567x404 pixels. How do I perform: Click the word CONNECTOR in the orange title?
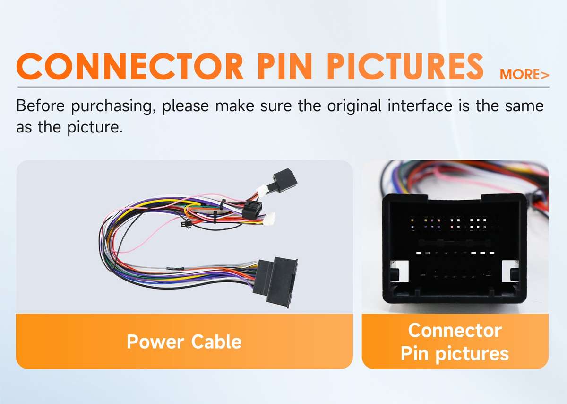130,66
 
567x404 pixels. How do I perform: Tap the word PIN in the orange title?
285,66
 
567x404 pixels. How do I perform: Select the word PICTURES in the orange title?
405,66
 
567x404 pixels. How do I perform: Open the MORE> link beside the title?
524,75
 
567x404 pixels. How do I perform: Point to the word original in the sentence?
354,106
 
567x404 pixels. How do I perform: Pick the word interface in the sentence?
420,105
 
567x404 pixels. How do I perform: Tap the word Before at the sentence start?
41,105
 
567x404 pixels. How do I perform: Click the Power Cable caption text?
184,342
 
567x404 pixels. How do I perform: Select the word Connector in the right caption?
455,331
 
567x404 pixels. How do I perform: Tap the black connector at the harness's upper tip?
283,180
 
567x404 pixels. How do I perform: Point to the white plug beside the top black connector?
262,190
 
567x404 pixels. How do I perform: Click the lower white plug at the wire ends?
270,219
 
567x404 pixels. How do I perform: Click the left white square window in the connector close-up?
400,271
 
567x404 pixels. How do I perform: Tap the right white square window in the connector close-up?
510,271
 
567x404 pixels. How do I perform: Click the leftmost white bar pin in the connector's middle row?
419,253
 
